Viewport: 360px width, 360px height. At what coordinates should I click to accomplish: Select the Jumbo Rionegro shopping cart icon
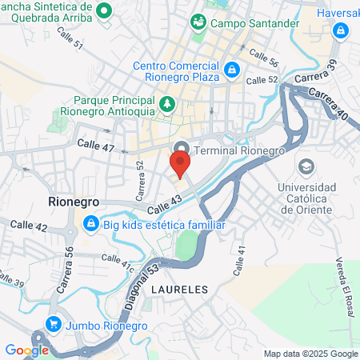tap(54, 324)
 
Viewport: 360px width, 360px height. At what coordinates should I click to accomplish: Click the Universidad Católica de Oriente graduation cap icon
tap(306, 167)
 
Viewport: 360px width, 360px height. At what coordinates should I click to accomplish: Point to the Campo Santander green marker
tap(198, 23)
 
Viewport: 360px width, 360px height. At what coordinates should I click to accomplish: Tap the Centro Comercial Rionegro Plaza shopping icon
tap(231, 70)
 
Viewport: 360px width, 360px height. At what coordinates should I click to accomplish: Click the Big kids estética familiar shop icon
tap(91, 223)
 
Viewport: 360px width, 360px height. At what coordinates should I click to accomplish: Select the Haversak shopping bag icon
tap(342, 30)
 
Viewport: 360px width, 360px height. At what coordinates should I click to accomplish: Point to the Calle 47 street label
tap(96, 146)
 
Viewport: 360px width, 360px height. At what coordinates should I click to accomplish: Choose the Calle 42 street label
tap(30, 227)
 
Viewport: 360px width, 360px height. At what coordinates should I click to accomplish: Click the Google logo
tap(26, 350)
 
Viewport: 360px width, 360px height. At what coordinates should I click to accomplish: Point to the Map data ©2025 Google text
tap(311, 354)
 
